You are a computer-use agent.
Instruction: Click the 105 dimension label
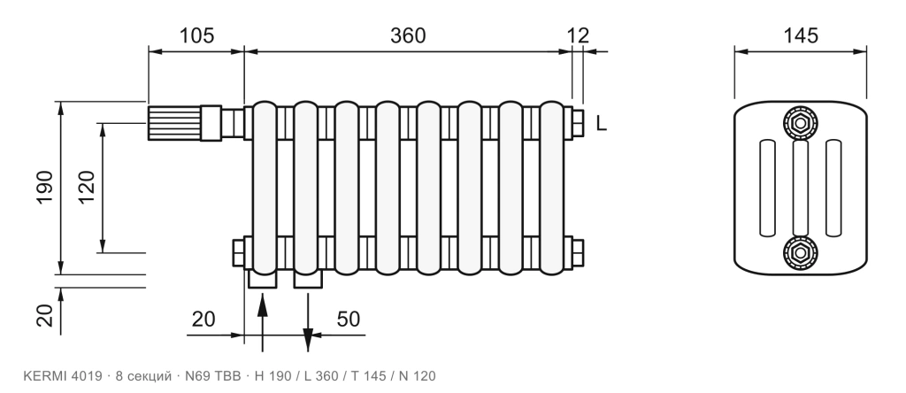pyautogui.click(x=196, y=35)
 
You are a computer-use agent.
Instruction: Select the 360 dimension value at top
pyautogui.click(x=408, y=35)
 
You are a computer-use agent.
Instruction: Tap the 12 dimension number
pyautogui.click(x=578, y=35)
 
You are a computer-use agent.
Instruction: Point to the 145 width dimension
pyautogui.click(x=801, y=35)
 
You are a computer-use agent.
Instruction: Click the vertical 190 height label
pyautogui.click(x=45, y=188)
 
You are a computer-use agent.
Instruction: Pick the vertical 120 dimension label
pyautogui.click(x=87, y=188)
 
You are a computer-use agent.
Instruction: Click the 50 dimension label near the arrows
pyautogui.click(x=349, y=319)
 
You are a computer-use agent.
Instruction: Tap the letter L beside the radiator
pyautogui.click(x=602, y=124)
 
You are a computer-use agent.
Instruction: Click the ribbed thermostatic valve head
pyautogui.click(x=174, y=123)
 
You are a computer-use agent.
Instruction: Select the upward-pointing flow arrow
pyautogui.click(x=262, y=322)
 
